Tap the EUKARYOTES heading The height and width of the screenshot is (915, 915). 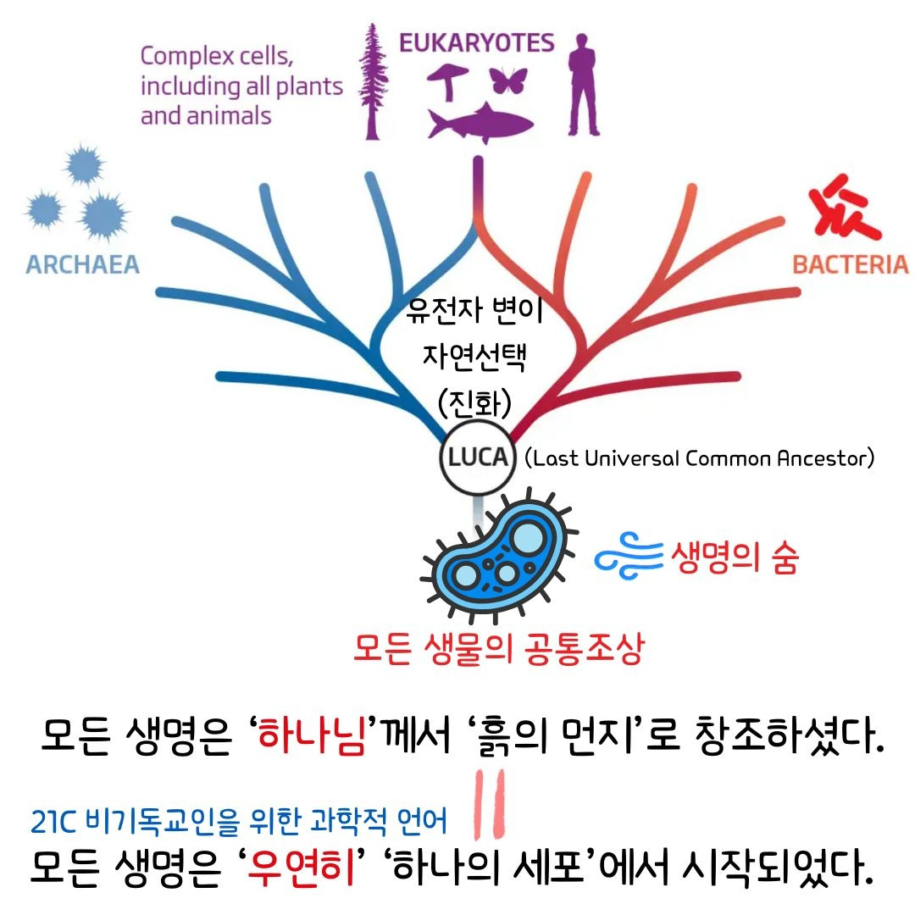point(477,42)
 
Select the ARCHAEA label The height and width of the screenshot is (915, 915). point(82,264)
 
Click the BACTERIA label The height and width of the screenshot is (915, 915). point(850,264)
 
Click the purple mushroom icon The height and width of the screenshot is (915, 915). point(447,80)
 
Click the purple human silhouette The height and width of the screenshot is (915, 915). point(583,80)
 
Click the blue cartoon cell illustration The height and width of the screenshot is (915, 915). point(496,559)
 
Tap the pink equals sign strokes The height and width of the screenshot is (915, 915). point(491,801)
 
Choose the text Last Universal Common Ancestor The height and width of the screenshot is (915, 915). point(699,459)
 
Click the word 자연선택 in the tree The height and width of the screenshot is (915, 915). point(474,358)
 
